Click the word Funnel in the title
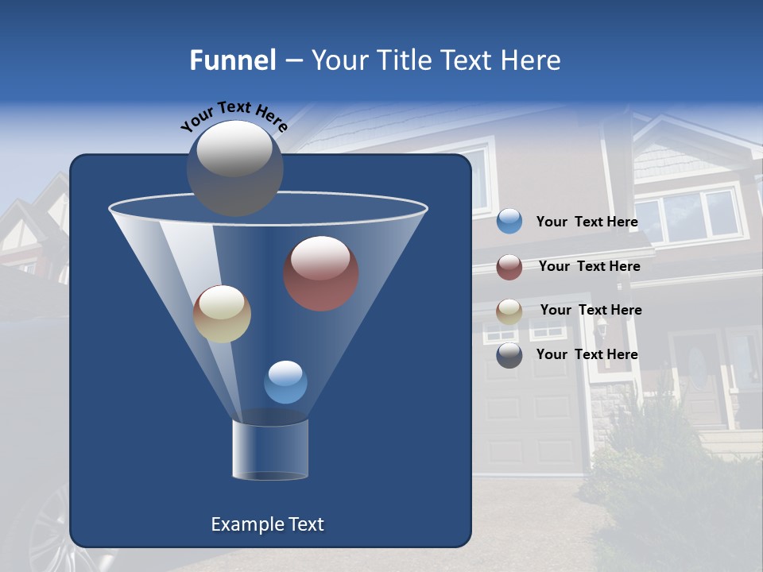pyautogui.click(x=232, y=60)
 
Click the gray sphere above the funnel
pyautogui.click(x=234, y=168)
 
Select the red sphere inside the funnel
pyautogui.click(x=320, y=273)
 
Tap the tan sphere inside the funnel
pyautogui.click(x=222, y=314)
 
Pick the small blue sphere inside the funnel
pyautogui.click(x=285, y=382)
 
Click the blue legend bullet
pyautogui.click(x=509, y=222)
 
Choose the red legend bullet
pyautogui.click(x=509, y=267)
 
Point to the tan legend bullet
pyautogui.click(x=509, y=311)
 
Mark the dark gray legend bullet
pyautogui.click(x=509, y=355)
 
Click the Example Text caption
pyautogui.click(x=267, y=524)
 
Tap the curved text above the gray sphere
pyautogui.click(x=234, y=116)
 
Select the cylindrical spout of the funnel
pyautogui.click(x=270, y=450)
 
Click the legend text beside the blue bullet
pyautogui.click(x=587, y=222)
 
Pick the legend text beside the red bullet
pyautogui.click(x=589, y=267)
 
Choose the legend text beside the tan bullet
pyautogui.click(x=591, y=311)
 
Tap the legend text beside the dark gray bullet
pyautogui.click(x=587, y=354)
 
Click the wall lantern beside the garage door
pyautogui.click(x=602, y=327)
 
